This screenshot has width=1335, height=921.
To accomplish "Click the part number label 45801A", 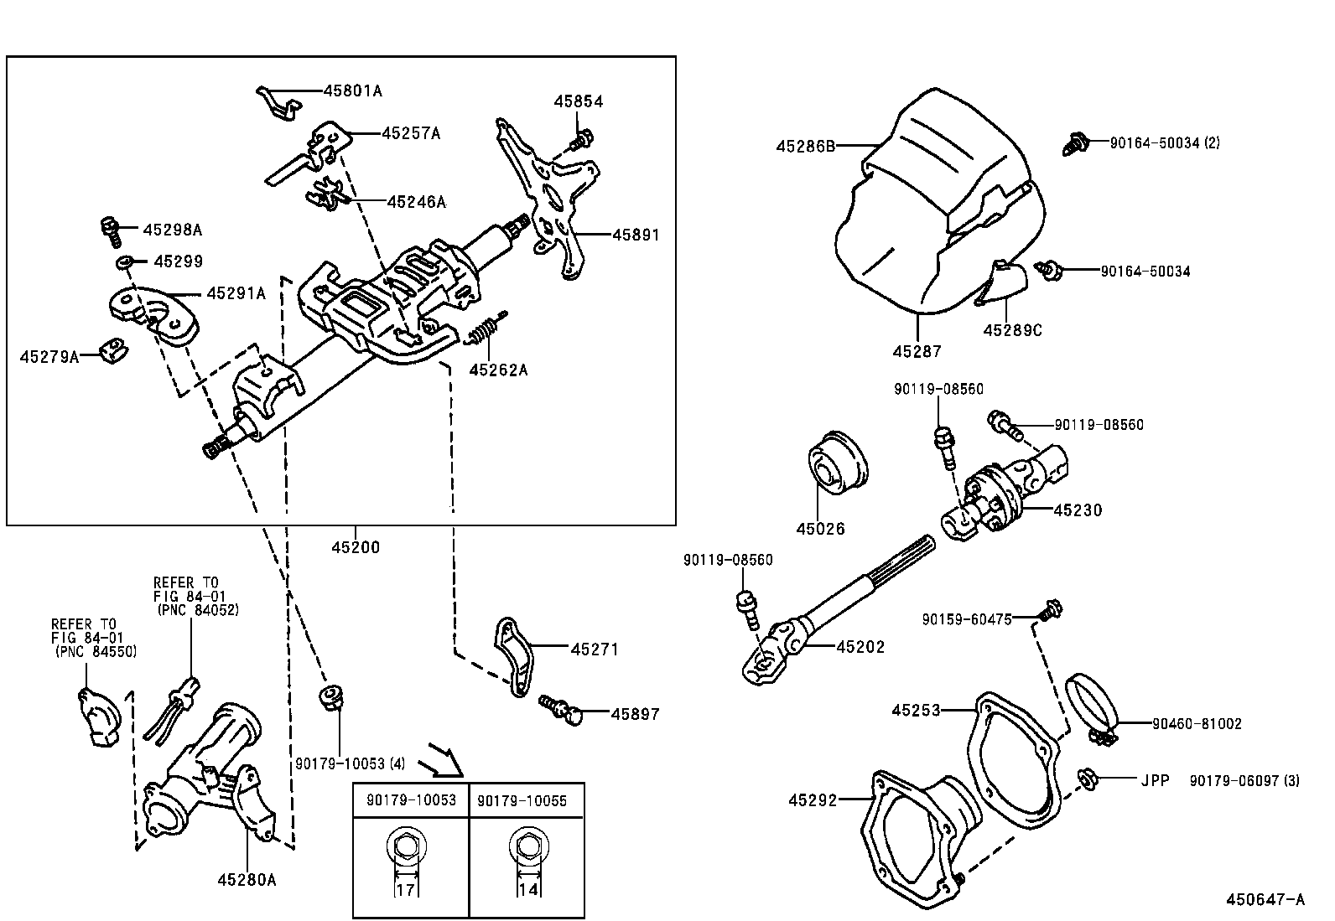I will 353,91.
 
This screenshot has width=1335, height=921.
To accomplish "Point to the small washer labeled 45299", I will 124,262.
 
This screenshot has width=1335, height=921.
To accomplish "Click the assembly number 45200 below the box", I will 355,547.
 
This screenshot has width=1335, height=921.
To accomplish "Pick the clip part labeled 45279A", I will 110,350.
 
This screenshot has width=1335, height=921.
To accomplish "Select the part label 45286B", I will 805,146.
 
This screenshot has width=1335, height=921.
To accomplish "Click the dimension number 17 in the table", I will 405,889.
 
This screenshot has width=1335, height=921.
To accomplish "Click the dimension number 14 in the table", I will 527,889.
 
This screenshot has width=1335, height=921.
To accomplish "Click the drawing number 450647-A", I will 1265,900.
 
